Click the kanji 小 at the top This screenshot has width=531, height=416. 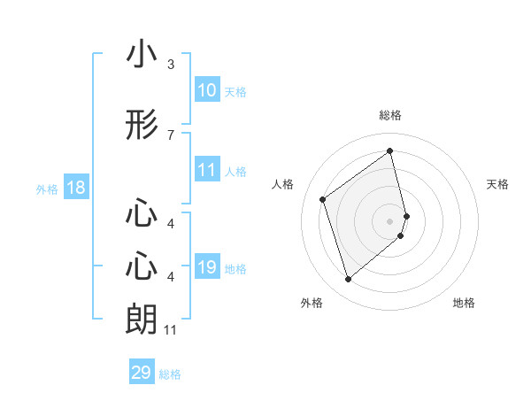click(142, 55)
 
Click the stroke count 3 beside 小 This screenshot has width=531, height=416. click(170, 65)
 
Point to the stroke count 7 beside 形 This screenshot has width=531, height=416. click(170, 135)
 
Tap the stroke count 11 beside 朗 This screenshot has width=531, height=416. click(171, 330)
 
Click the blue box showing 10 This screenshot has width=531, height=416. click(207, 90)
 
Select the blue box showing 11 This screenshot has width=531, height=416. click(207, 170)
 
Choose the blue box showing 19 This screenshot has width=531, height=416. click(207, 267)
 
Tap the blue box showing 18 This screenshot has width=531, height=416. click(75, 188)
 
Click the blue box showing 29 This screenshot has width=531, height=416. click(142, 373)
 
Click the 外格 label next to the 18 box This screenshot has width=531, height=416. click(47, 189)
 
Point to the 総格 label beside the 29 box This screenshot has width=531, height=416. click(171, 374)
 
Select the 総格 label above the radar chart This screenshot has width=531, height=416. click(390, 116)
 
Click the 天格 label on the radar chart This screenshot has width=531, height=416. click(498, 184)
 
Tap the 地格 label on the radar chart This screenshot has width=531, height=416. click(464, 304)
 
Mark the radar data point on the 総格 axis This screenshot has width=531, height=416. click(390, 151)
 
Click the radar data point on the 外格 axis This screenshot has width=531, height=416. click(348, 280)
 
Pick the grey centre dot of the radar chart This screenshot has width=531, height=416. click(390, 220)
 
